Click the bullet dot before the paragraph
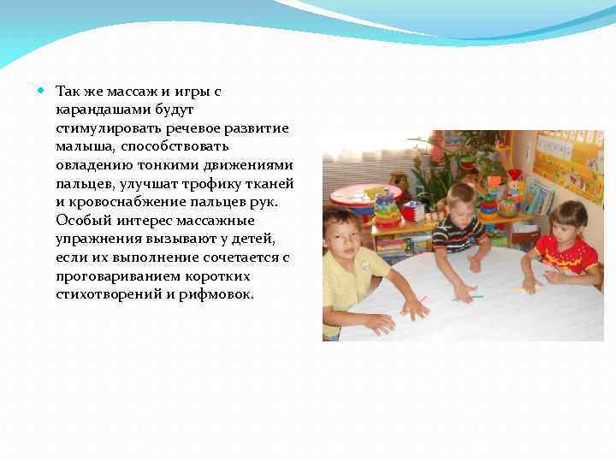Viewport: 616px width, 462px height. click(43, 89)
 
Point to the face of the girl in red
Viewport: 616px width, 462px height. click(568, 223)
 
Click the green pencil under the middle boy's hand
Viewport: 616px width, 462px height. click(470, 298)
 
